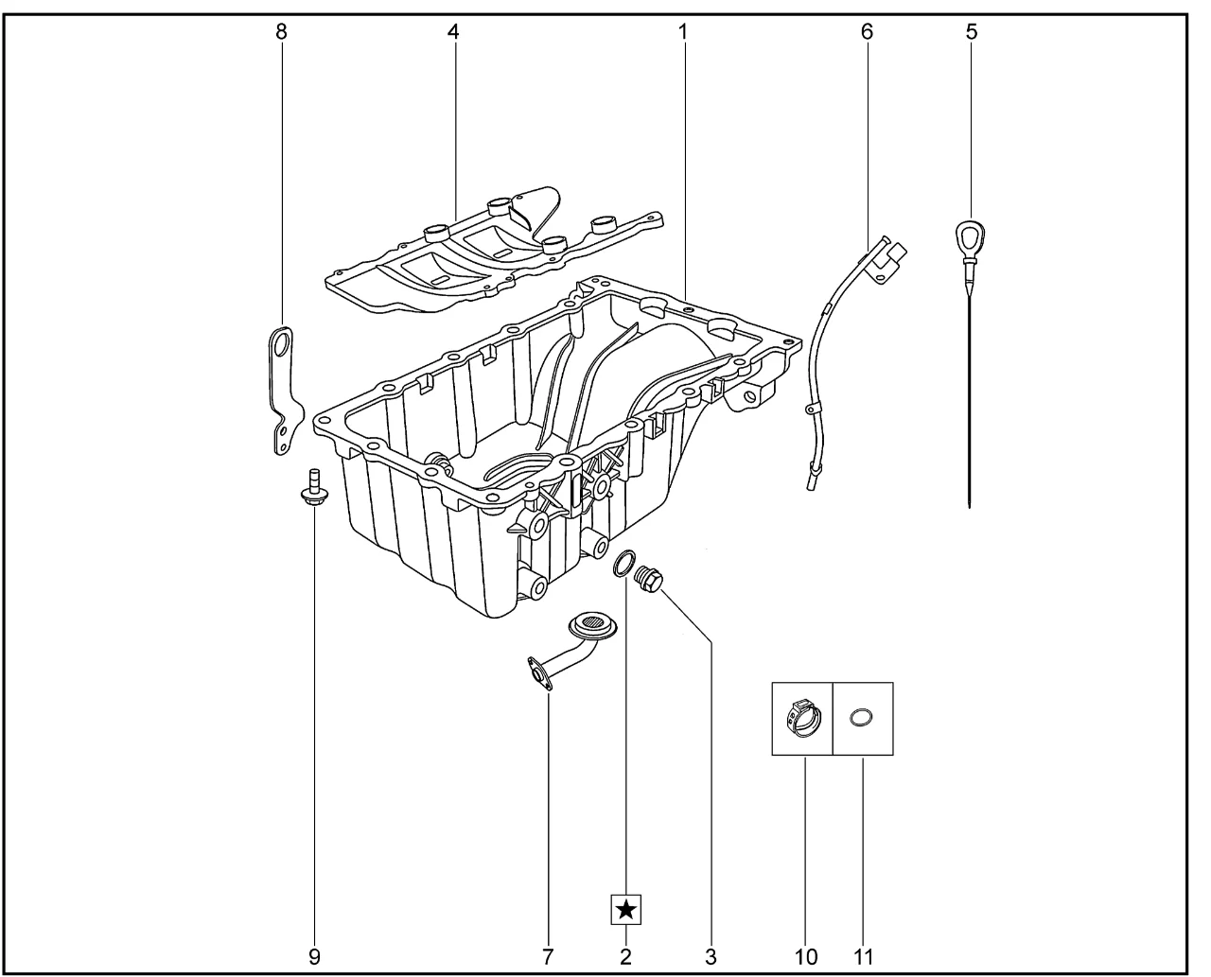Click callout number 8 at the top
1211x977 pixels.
tap(281, 32)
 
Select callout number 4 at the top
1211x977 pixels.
tap(452, 32)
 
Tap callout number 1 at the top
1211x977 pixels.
tap(683, 32)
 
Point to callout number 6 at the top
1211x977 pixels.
tap(867, 32)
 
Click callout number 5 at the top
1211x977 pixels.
tap(971, 32)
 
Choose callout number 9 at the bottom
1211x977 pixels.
tap(314, 956)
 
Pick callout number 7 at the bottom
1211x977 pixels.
tap(548, 956)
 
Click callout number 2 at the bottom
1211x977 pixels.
tap(625, 956)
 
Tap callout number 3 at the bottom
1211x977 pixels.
tap(711, 956)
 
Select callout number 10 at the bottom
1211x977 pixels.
tap(806, 956)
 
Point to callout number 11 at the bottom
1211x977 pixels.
tap(863, 956)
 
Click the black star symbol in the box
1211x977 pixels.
tap(626, 910)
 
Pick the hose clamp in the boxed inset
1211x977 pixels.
tap(803, 719)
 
